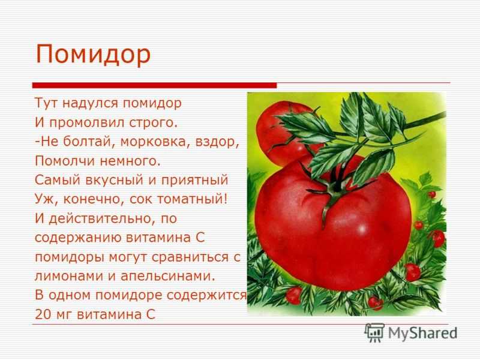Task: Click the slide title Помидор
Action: [x=94, y=55]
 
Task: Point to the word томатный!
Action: [x=192, y=199]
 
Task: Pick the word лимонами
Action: [x=69, y=276]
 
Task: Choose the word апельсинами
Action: [x=168, y=276]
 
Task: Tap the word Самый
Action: [x=58, y=180]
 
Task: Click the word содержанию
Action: [x=78, y=238]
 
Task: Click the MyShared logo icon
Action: [x=374, y=332]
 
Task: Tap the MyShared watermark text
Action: [x=422, y=333]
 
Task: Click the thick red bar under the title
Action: [x=154, y=85]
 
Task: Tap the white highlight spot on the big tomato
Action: [x=362, y=229]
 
